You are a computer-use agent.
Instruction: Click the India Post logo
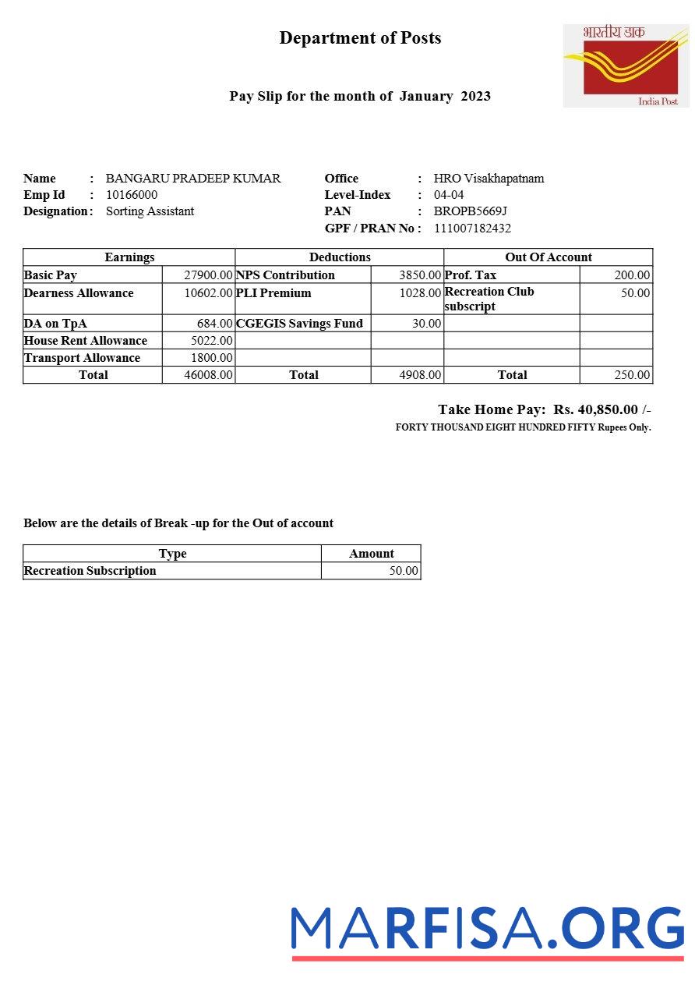[x=626, y=66]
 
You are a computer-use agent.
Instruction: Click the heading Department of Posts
[x=360, y=38]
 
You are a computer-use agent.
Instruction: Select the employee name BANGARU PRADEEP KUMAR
[x=193, y=179]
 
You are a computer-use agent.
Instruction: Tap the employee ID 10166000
[x=132, y=195]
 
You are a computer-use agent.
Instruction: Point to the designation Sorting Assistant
[x=150, y=211]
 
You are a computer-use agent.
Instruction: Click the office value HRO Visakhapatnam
[x=489, y=179]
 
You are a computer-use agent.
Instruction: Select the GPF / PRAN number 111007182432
[x=472, y=229]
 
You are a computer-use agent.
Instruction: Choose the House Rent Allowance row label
[x=86, y=341]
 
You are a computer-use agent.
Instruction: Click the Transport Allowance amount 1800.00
[x=211, y=358]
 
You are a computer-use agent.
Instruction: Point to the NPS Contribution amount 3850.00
[x=420, y=275]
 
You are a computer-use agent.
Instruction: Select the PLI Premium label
[x=273, y=293]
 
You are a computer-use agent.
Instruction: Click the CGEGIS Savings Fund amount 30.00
[x=427, y=324]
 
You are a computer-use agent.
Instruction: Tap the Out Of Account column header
[x=549, y=257]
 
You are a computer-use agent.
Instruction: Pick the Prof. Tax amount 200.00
[x=632, y=275]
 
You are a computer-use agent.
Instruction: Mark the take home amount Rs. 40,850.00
[x=596, y=409]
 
